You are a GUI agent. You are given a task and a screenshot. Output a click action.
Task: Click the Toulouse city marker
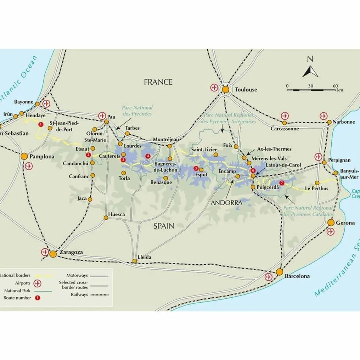tap(225, 90)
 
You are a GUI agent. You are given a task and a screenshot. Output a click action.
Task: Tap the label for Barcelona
tap(297, 276)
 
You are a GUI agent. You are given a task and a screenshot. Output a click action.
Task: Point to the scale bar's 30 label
tap(310, 86)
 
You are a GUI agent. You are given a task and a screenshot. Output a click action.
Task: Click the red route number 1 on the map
tap(41, 124)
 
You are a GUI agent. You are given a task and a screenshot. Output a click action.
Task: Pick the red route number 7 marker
tap(282, 183)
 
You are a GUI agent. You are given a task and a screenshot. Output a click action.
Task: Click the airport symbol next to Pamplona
tap(29, 166)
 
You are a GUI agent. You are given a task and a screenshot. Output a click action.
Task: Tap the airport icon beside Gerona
tap(331, 232)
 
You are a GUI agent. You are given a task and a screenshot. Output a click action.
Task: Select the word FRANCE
tap(158, 82)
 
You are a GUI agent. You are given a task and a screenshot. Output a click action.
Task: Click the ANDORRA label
tap(226, 202)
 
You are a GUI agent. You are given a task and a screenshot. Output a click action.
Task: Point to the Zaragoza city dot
tap(53, 254)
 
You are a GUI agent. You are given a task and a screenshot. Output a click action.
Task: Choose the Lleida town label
tap(145, 257)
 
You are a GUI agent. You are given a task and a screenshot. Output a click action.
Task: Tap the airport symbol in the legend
tap(37, 283)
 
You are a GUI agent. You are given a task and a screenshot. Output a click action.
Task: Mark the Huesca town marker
tap(106, 217)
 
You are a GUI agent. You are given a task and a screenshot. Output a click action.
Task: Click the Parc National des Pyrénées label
tap(137, 111)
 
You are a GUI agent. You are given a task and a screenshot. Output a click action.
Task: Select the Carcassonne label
tap(285, 129)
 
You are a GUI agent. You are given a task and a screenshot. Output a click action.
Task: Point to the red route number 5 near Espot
tap(196, 168)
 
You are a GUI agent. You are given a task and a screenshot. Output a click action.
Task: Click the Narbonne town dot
tap(329, 122)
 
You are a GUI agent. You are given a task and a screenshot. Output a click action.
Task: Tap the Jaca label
tap(82, 198)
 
